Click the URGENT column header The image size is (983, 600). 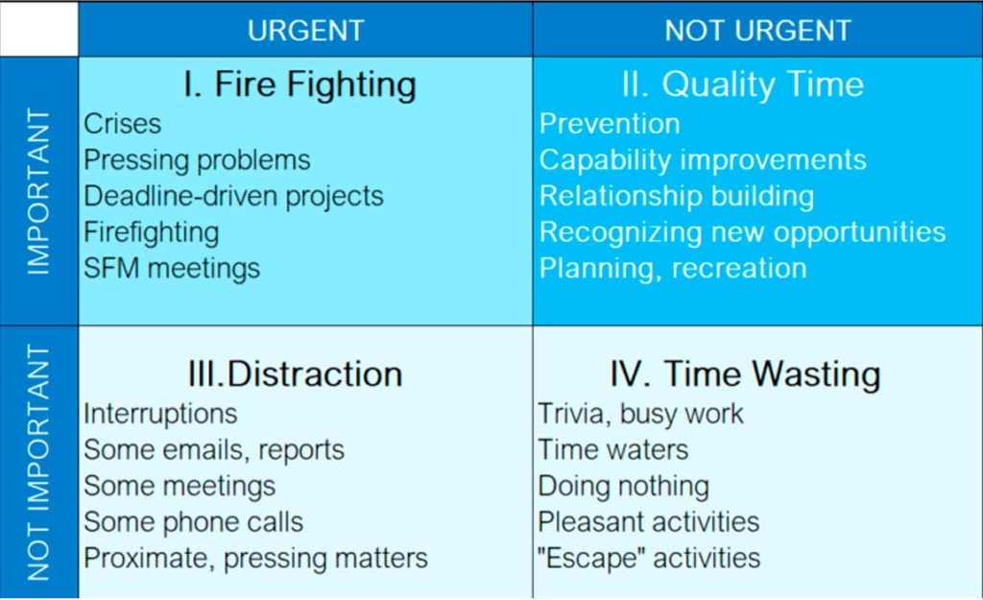tap(306, 30)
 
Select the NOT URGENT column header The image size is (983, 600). tap(758, 30)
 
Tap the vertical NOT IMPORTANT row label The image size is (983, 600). tap(38, 462)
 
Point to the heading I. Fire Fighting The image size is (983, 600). tap(300, 84)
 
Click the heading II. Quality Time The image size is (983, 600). tap(743, 84)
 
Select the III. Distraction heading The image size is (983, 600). tap(296, 374)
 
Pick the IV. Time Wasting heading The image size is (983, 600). tap(745, 374)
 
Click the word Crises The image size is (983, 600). tap(122, 124)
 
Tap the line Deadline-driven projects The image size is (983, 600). tap(233, 196)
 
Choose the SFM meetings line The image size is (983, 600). tap(172, 269)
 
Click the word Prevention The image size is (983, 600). tap(610, 124)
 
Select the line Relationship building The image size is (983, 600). tap(677, 196)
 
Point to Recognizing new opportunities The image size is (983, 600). tap(742, 232)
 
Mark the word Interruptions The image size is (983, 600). tap(160, 414)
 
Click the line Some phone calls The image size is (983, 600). tap(193, 522)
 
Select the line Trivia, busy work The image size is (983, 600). tap(640, 414)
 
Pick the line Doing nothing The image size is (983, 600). tap(624, 487)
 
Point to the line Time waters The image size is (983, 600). tap(613, 450)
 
